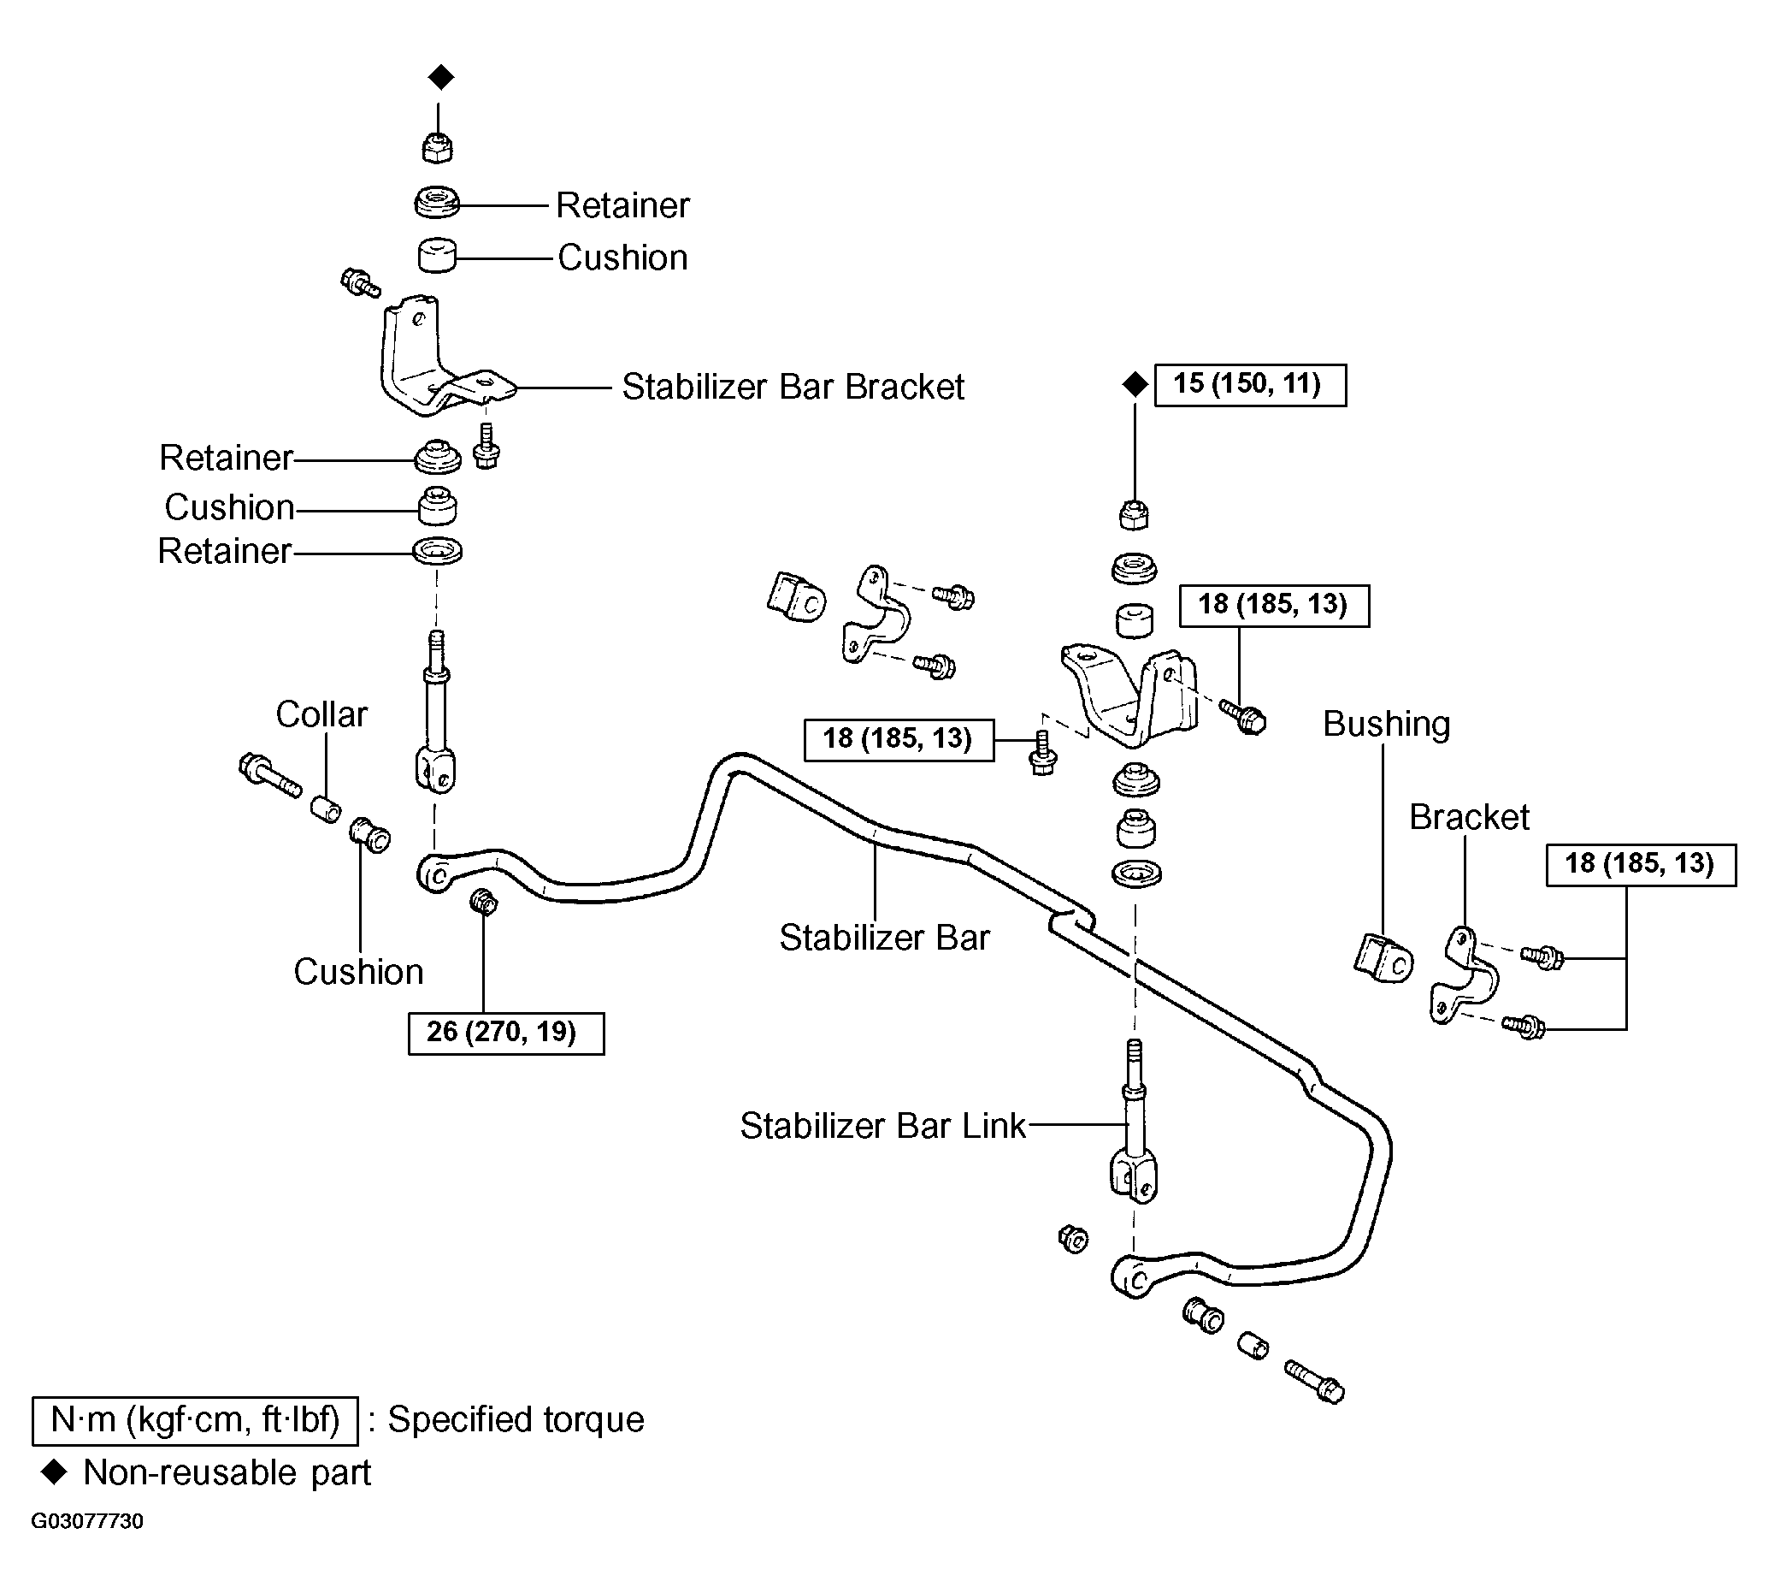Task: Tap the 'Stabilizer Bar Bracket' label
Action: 793,387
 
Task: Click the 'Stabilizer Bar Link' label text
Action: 882,1126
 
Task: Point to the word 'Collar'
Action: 321,714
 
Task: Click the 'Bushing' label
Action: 1387,725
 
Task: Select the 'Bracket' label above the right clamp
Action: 1469,818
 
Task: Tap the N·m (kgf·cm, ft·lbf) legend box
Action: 195,1419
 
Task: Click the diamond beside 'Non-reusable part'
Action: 54,1472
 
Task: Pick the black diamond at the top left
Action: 441,77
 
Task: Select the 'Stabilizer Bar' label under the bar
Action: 884,938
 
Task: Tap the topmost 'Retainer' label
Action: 623,205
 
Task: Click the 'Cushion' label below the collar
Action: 359,972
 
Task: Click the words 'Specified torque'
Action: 516,1419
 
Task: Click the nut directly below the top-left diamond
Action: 437,147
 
